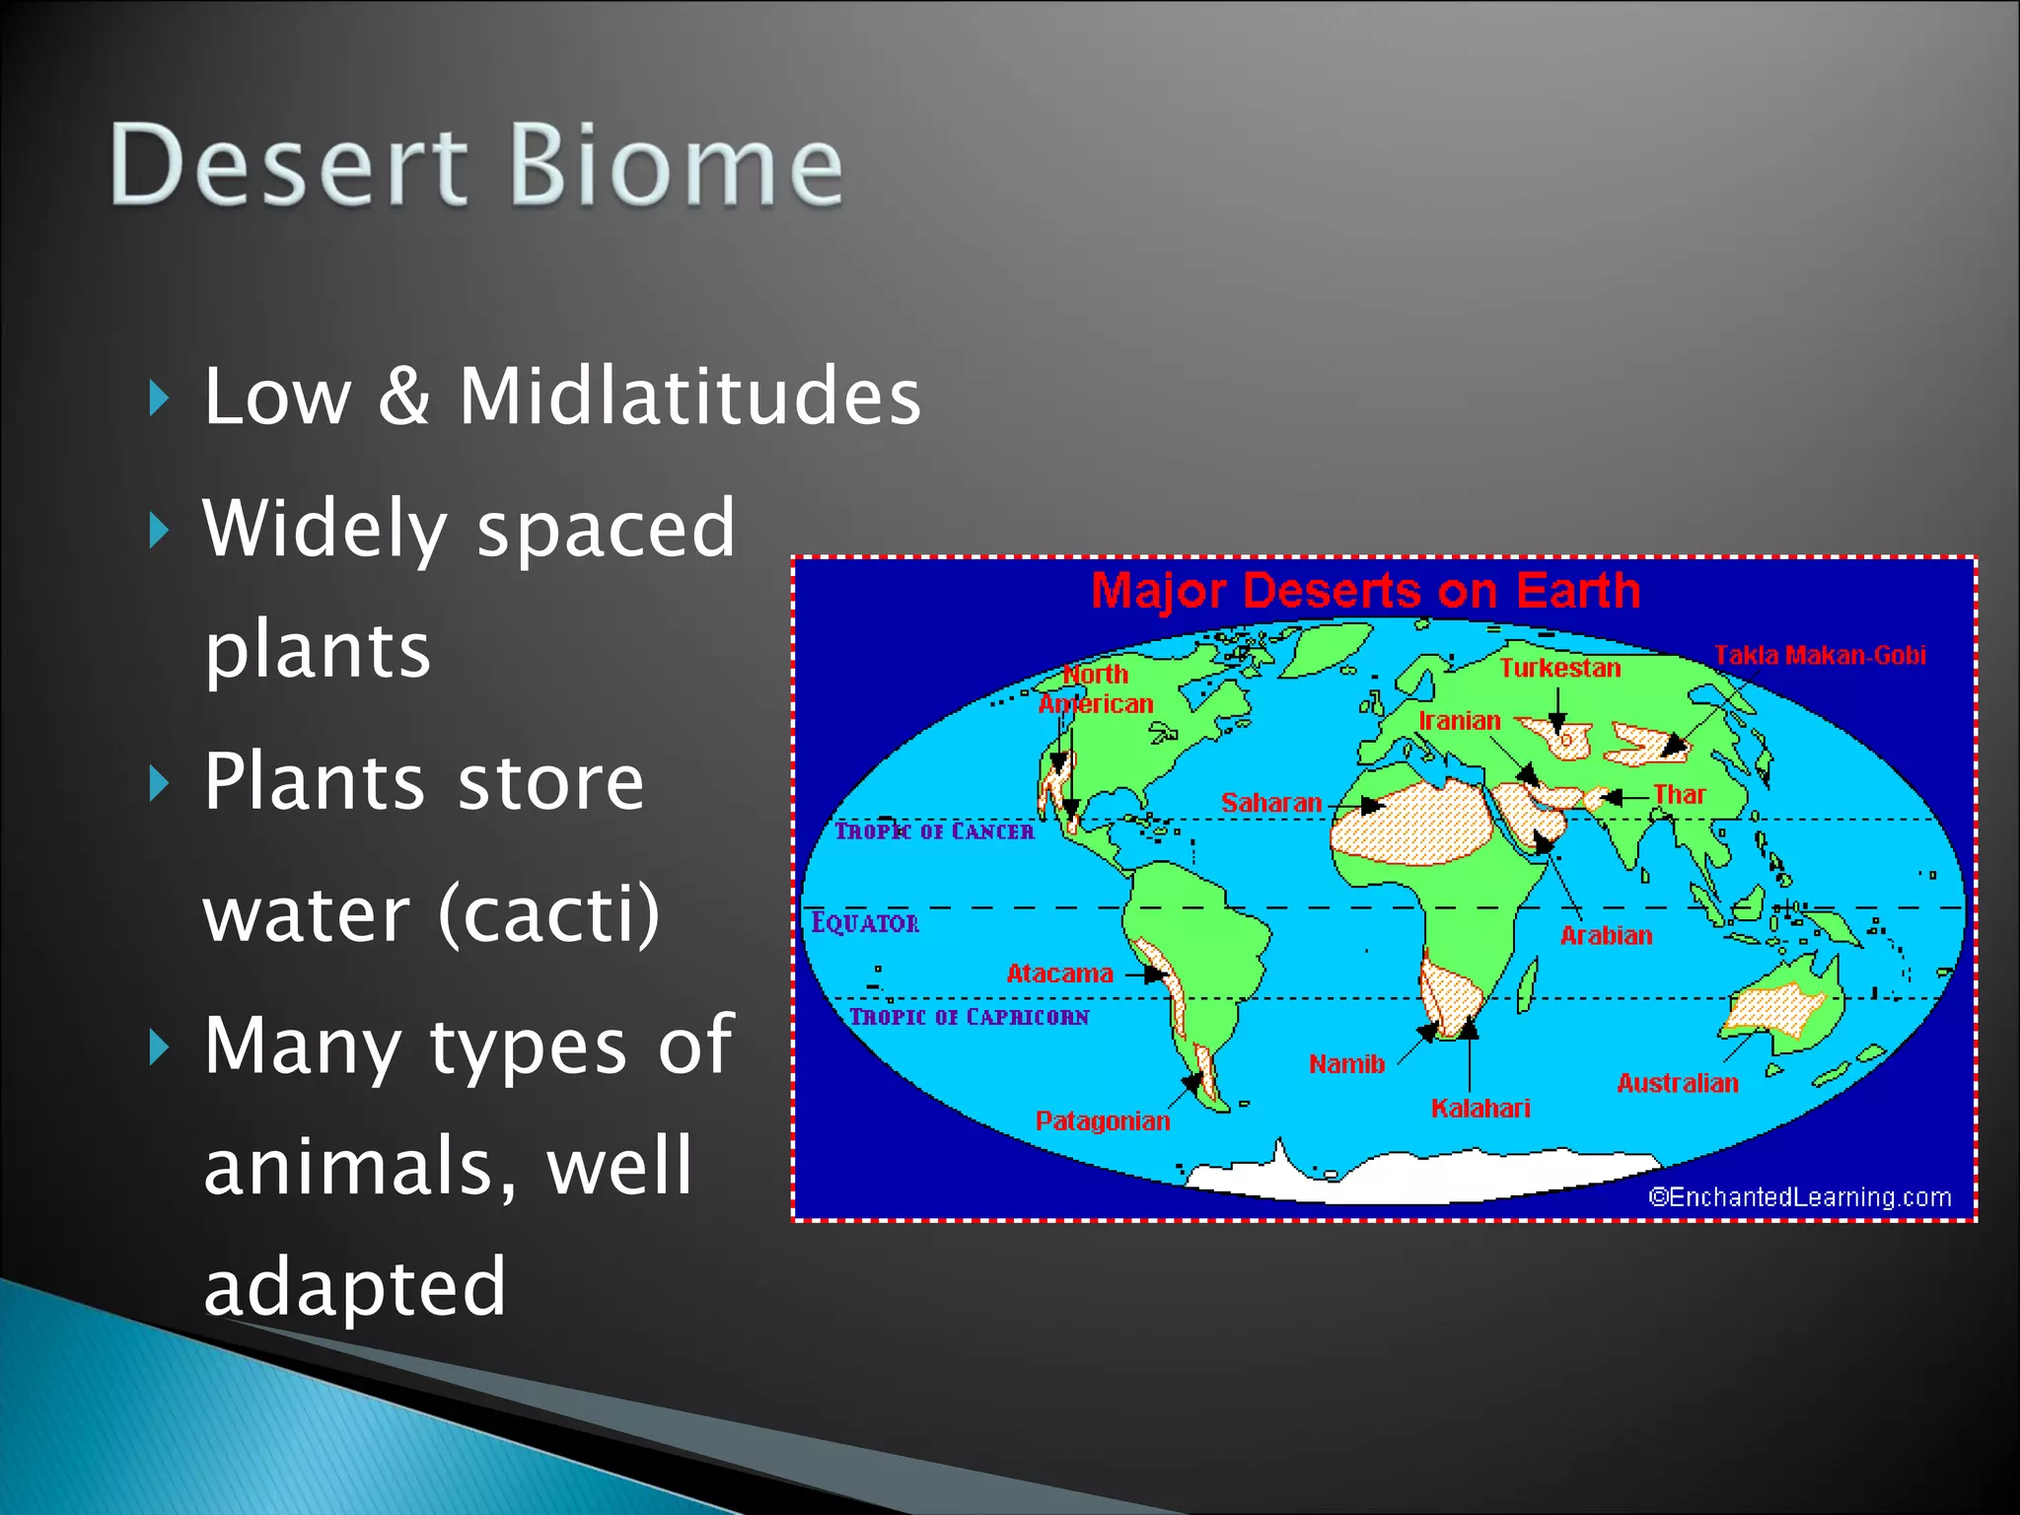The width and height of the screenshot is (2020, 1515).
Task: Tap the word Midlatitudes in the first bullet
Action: (x=689, y=397)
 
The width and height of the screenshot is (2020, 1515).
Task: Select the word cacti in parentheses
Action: (x=548, y=913)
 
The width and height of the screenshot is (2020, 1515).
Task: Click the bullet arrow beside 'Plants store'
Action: (x=159, y=785)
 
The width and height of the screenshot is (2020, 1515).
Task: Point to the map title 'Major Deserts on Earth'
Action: (x=1365, y=591)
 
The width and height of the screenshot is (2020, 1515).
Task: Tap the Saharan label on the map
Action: (x=1270, y=803)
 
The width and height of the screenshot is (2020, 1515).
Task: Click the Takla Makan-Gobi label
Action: (x=1819, y=655)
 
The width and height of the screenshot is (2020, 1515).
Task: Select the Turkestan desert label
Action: (x=1559, y=668)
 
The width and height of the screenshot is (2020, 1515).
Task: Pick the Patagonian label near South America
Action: (x=1102, y=1121)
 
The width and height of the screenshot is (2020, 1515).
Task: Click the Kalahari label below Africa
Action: (x=1479, y=1109)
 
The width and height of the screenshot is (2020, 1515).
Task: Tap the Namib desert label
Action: (x=1346, y=1064)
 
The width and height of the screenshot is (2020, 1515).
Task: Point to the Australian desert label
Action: (x=1677, y=1083)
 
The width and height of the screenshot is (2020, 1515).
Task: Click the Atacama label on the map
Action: (x=1059, y=974)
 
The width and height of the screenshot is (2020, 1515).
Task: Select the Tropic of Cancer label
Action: (x=934, y=831)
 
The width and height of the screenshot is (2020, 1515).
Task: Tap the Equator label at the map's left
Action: (x=864, y=923)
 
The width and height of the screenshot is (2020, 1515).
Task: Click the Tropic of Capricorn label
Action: (x=969, y=1017)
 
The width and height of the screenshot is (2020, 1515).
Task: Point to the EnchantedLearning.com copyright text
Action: (x=1799, y=1197)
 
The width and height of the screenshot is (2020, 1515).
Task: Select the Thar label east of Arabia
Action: (x=1679, y=794)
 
